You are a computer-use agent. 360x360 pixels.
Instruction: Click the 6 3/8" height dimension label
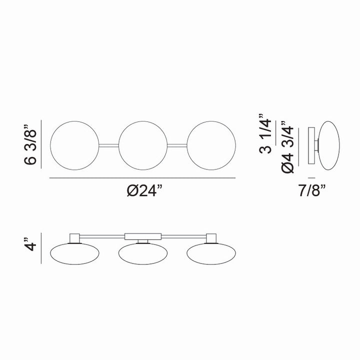(x=31, y=145)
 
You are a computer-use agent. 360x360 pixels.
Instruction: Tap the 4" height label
(x=31, y=246)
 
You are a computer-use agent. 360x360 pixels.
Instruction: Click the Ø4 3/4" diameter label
(x=287, y=147)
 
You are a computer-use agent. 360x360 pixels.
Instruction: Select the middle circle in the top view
(x=143, y=145)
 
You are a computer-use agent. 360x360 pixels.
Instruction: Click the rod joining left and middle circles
(x=108, y=145)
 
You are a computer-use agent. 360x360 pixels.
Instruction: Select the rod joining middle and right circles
(x=177, y=145)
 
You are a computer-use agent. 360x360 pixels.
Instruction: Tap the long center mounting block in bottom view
(x=143, y=236)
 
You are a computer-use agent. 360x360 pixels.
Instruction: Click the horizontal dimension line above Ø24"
(x=143, y=177)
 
